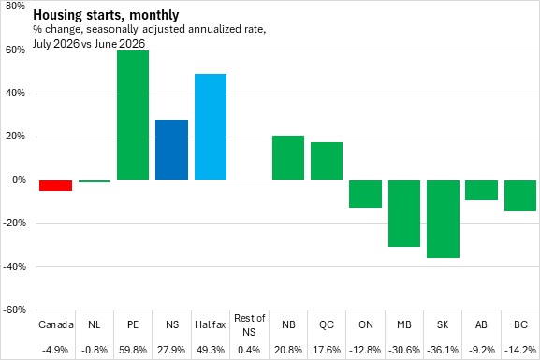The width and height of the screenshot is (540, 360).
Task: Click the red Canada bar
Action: tap(55, 185)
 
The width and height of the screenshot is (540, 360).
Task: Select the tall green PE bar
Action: tap(133, 115)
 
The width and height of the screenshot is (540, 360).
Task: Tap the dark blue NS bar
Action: tap(171, 150)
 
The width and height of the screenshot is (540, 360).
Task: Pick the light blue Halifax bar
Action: tap(211, 126)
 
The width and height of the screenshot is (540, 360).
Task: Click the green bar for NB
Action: tap(288, 158)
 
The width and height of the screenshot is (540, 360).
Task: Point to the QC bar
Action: tap(327, 161)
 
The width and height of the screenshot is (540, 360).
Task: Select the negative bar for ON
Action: tap(365, 194)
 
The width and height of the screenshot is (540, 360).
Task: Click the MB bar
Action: tap(404, 213)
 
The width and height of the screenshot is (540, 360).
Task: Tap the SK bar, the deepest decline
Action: tap(443, 219)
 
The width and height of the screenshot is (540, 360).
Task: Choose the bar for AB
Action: tap(481, 190)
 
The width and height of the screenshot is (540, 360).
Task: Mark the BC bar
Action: tap(520, 195)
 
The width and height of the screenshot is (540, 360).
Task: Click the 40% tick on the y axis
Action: tap(16, 93)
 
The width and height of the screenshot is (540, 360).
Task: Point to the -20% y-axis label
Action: tap(14, 223)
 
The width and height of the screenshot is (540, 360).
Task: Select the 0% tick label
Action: tap(19, 180)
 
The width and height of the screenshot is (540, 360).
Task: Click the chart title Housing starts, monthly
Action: tap(106, 15)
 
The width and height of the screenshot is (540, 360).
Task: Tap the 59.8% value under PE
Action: tap(133, 350)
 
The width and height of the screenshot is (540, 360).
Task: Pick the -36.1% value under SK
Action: tap(443, 350)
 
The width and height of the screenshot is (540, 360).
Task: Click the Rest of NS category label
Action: tap(249, 324)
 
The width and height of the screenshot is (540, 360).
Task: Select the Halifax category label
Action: tap(210, 324)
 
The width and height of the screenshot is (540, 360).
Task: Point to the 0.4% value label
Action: tap(249, 350)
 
